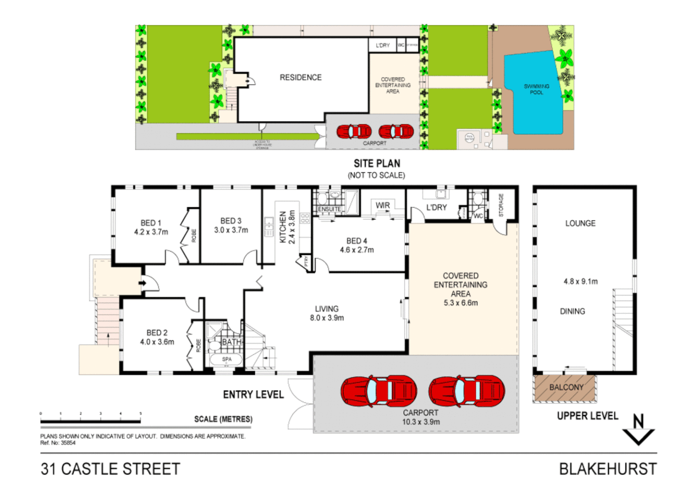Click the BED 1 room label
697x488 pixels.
pos(150,223)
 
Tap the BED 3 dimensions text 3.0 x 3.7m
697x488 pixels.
pos(231,230)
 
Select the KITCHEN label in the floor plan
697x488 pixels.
pos(283,227)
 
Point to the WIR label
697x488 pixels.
pos(383,205)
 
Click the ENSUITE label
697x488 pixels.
pos(329,209)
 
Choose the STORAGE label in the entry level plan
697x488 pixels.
pos(501,205)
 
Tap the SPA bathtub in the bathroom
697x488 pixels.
pos(226,359)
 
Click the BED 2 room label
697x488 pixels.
pos(157,333)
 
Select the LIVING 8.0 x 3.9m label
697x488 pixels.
pos(327,313)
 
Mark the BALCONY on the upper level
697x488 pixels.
pos(566,388)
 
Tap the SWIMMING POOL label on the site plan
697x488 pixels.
pos(536,89)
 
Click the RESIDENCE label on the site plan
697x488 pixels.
pos(300,78)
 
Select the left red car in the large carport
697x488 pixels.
pos(379,390)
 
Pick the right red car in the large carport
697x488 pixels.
pos(466,390)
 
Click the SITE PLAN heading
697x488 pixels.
pos(377,164)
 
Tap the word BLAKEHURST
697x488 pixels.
pos(608,469)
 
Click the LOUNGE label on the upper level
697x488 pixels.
pos(580,223)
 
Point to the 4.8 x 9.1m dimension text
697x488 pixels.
pos(580,282)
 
